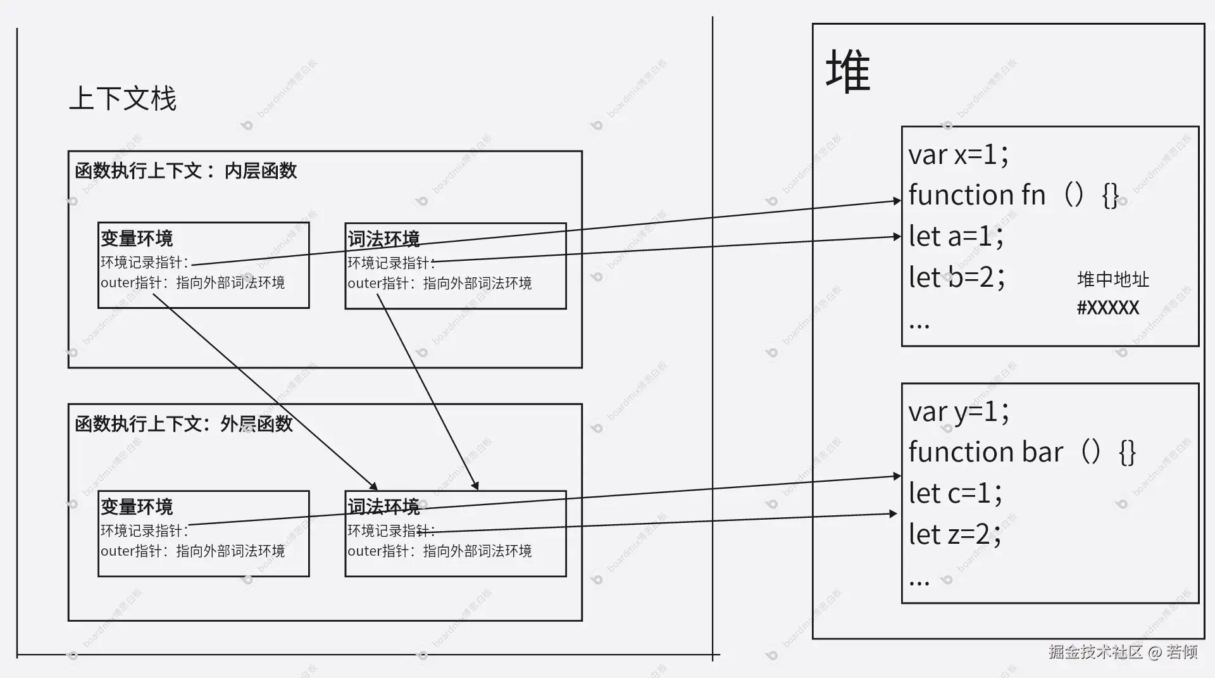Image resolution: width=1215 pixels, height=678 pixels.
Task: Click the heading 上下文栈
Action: tap(122, 99)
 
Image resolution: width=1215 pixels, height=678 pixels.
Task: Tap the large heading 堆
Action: tap(847, 72)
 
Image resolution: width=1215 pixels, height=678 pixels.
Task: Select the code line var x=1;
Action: tap(958, 154)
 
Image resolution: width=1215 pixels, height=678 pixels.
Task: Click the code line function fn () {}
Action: tap(1012, 195)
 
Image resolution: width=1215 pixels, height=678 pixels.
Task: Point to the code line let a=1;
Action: tap(956, 237)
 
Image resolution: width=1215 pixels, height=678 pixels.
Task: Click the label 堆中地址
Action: tap(1112, 280)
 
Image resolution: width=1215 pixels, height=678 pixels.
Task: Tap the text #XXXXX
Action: tap(1107, 308)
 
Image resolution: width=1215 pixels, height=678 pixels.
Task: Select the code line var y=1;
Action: tap(958, 412)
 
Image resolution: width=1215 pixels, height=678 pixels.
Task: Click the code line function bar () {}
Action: tap(1021, 453)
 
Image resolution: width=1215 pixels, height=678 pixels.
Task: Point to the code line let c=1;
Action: tap(955, 494)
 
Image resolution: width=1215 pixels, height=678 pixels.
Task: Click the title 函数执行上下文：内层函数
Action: tap(185, 171)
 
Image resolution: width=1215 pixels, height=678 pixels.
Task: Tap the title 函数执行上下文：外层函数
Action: tap(184, 424)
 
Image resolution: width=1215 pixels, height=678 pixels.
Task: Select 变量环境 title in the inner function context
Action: tap(137, 239)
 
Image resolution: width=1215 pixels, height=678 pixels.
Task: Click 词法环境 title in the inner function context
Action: tap(383, 239)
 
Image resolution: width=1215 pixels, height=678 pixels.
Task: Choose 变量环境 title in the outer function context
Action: tap(137, 507)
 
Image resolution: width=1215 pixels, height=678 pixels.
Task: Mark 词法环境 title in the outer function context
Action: tap(383, 507)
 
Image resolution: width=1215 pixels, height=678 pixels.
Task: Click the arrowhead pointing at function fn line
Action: tap(897, 201)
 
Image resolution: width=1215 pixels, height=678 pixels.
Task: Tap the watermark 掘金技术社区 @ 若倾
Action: tap(1123, 652)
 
